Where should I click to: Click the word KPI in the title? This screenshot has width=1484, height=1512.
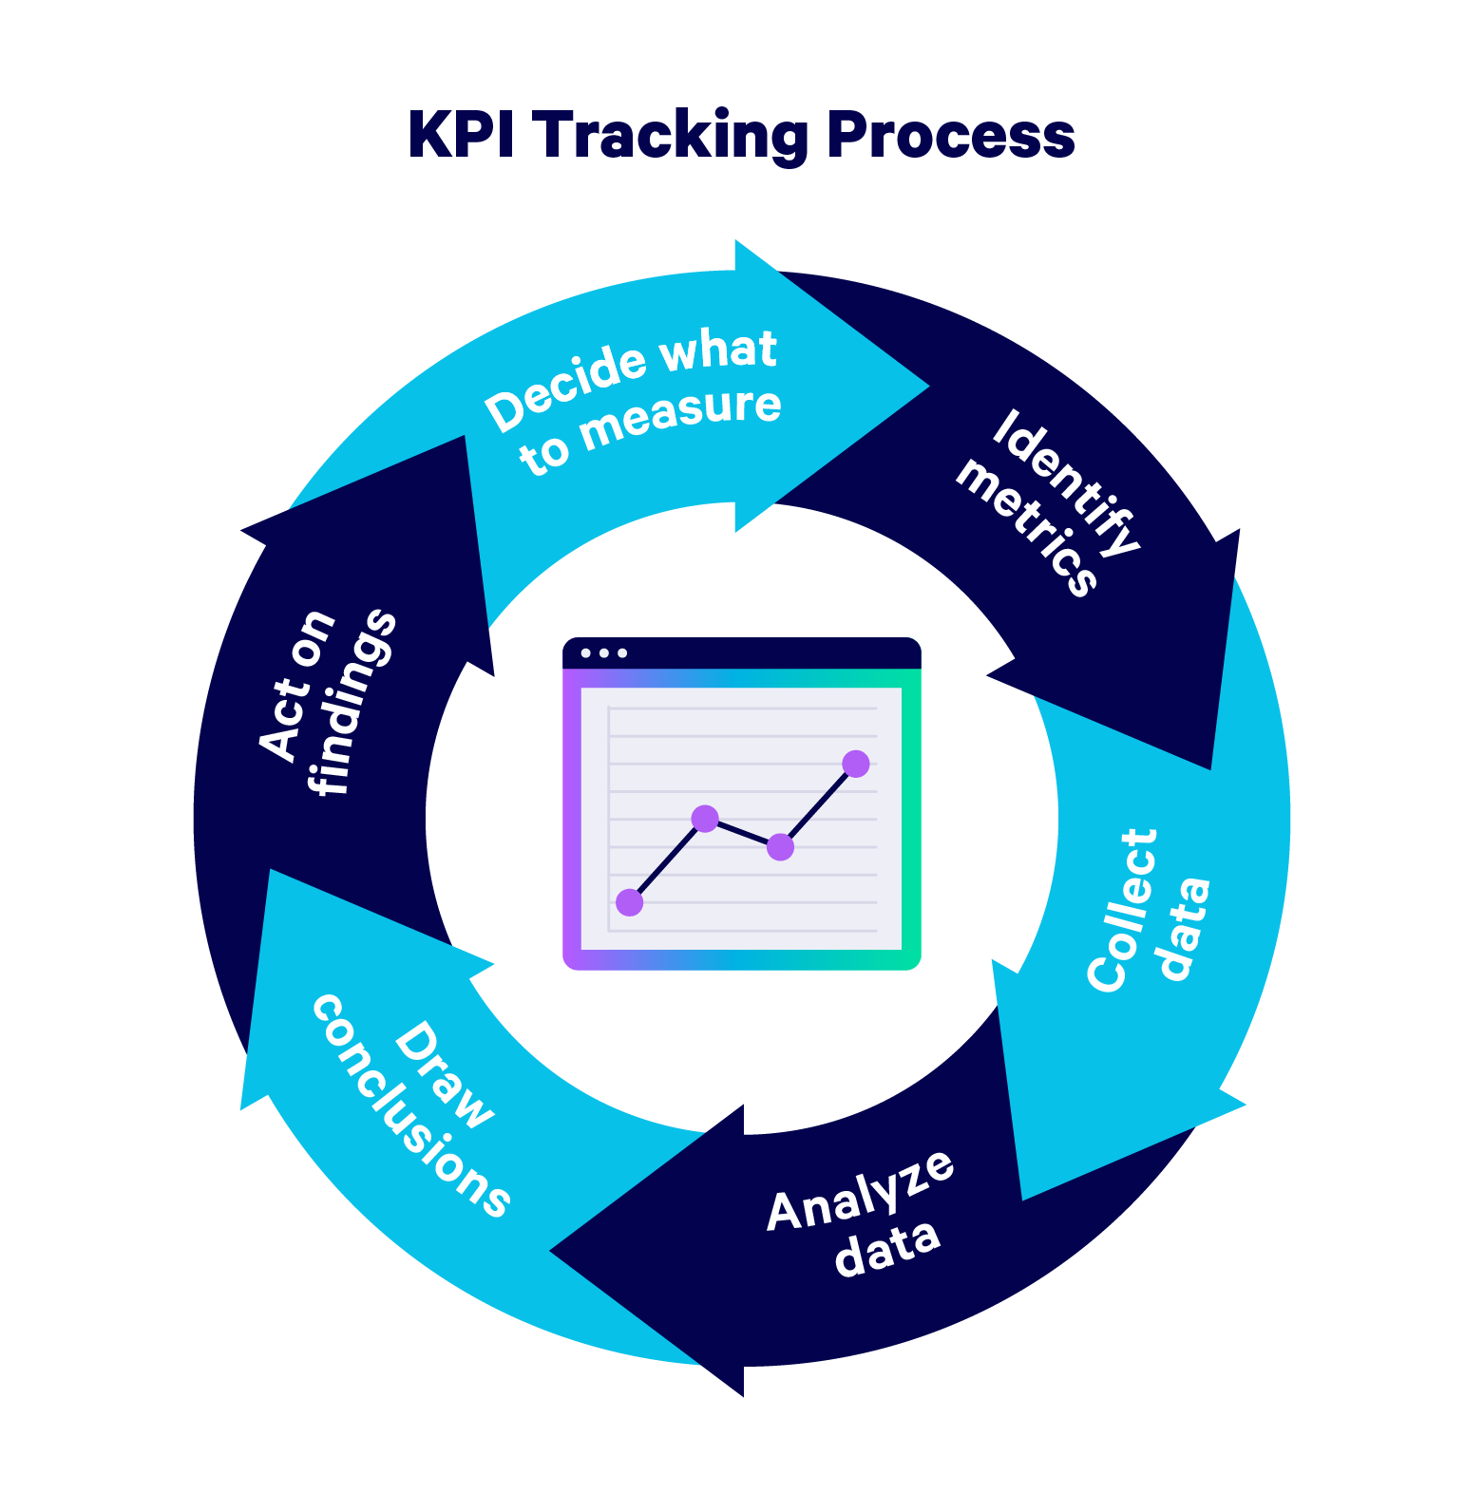[462, 136]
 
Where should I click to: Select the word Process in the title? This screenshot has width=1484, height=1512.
[951, 136]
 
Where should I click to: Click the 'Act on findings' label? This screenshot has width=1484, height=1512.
[326, 703]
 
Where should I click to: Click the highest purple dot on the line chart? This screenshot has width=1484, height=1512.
[855, 764]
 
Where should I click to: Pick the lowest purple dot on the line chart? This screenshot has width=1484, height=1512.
[629, 902]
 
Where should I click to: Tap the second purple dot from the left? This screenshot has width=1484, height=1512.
[705, 818]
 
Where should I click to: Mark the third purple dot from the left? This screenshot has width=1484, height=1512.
[780, 846]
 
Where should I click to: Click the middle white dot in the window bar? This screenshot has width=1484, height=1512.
[603, 653]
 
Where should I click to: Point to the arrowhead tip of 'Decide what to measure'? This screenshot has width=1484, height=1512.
[927, 387]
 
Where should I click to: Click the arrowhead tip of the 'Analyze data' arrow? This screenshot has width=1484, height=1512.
[552, 1251]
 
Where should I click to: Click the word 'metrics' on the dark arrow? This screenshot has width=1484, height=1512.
[1027, 528]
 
